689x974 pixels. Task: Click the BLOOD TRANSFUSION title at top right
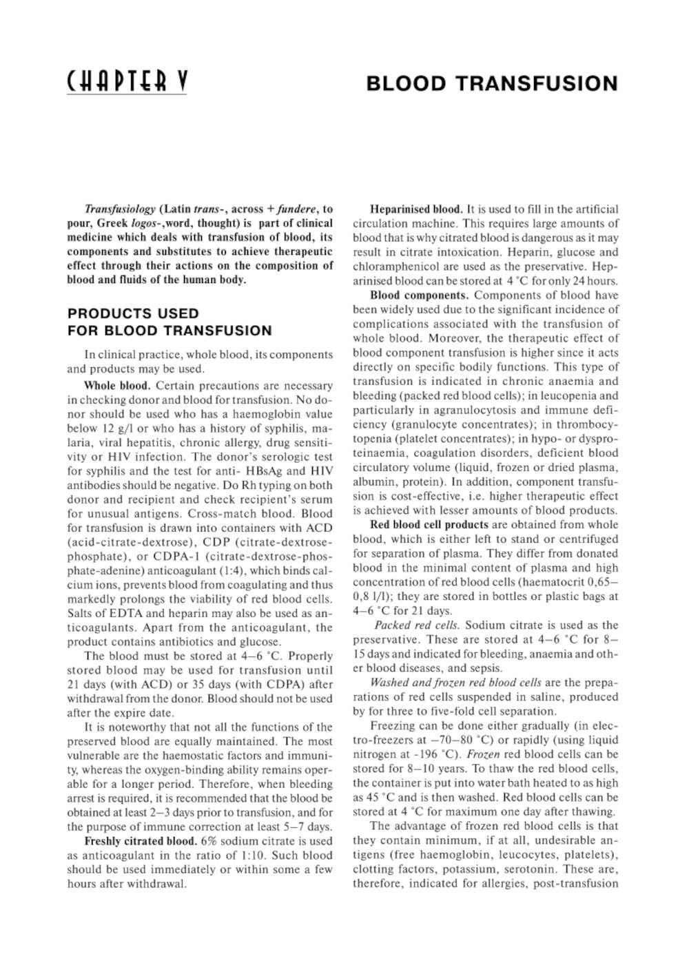coord(491,84)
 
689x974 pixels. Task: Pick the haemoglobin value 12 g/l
coord(110,414)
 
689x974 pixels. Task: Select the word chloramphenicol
coord(389,267)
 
